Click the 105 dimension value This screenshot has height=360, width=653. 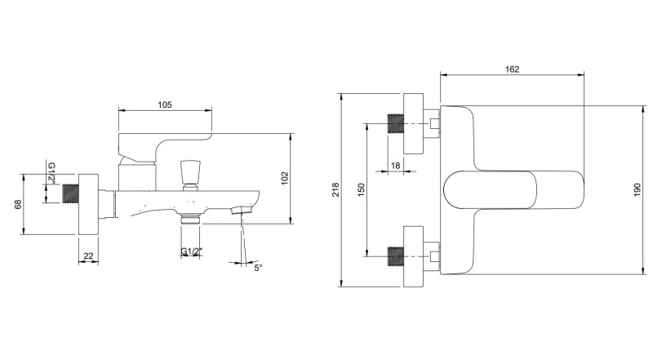pyautogui.click(x=165, y=105)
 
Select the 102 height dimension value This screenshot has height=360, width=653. pyautogui.click(x=285, y=178)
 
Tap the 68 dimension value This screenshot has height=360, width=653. pyautogui.click(x=18, y=204)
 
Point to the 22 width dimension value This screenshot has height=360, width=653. pyautogui.click(x=88, y=256)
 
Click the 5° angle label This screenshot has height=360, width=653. pyautogui.click(x=258, y=268)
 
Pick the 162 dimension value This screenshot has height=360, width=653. pyautogui.click(x=512, y=69)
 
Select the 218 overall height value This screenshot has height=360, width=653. pyautogui.click(x=336, y=189)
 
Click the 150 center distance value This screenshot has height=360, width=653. pyautogui.click(x=361, y=189)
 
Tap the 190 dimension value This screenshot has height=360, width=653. pyautogui.click(x=637, y=189)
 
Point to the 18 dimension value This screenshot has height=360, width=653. pyautogui.click(x=395, y=166)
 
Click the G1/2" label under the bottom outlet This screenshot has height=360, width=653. pyautogui.click(x=192, y=251)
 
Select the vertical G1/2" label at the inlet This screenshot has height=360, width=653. pyautogui.click(x=51, y=172)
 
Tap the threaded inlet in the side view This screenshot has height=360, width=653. pyautogui.click(x=71, y=193)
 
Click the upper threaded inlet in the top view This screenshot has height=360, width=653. pyautogui.click(x=396, y=123)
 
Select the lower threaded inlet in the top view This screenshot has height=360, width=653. pyautogui.click(x=396, y=256)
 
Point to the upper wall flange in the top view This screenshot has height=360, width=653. pyautogui.click(x=414, y=123)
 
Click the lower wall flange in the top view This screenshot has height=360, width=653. pyautogui.click(x=414, y=256)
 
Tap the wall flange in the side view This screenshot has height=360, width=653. pyautogui.click(x=88, y=204)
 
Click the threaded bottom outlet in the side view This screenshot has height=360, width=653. pyautogui.click(x=191, y=219)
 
